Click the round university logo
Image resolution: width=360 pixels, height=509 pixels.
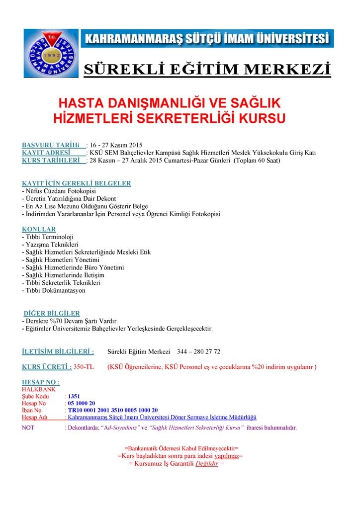tap(51, 53)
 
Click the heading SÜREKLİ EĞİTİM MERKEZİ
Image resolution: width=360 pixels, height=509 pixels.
tap(207, 68)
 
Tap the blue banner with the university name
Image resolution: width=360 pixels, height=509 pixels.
tap(207, 38)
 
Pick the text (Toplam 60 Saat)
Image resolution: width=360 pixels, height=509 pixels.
tap(252, 161)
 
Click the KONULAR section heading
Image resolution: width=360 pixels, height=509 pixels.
tap(39, 229)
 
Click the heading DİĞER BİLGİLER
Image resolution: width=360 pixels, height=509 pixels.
tap(52, 313)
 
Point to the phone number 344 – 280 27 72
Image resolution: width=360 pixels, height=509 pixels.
tap(198, 351)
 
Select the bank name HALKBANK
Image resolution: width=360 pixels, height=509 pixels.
tap(39, 389)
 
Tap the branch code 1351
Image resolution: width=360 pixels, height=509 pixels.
tap(74, 396)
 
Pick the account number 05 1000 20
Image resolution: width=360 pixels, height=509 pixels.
tap(82, 403)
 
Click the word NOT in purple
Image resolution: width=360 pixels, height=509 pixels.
tap(28, 427)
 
